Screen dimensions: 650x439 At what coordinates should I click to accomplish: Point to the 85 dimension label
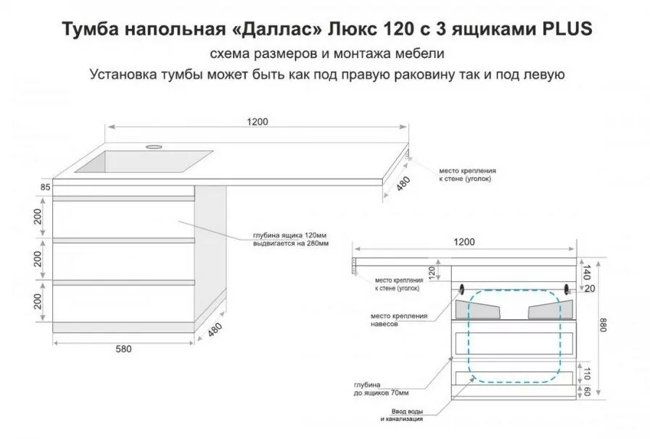[46, 187]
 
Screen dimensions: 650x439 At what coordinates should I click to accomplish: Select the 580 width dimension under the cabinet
[123, 349]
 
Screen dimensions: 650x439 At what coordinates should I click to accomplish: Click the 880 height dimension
[603, 325]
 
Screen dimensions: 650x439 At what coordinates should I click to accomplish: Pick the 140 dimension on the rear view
[586, 272]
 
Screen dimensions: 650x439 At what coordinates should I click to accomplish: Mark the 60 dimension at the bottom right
[586, 390]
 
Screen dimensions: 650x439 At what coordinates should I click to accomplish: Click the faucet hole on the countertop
[153, 146]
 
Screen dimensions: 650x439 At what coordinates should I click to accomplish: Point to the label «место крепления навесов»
[399, 319]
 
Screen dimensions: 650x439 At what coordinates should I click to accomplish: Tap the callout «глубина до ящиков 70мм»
[381, 389]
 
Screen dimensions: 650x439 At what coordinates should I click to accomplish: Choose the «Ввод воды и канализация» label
[401, 415]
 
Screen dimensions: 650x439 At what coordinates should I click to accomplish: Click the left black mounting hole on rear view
[462, 288]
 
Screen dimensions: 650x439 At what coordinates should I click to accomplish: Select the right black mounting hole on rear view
[567, 288]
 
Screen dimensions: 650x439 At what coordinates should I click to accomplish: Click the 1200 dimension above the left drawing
[258, 122]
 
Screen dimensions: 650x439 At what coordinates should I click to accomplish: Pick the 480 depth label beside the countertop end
[403, 184]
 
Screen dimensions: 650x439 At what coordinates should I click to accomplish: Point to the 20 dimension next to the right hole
[589, 288]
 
